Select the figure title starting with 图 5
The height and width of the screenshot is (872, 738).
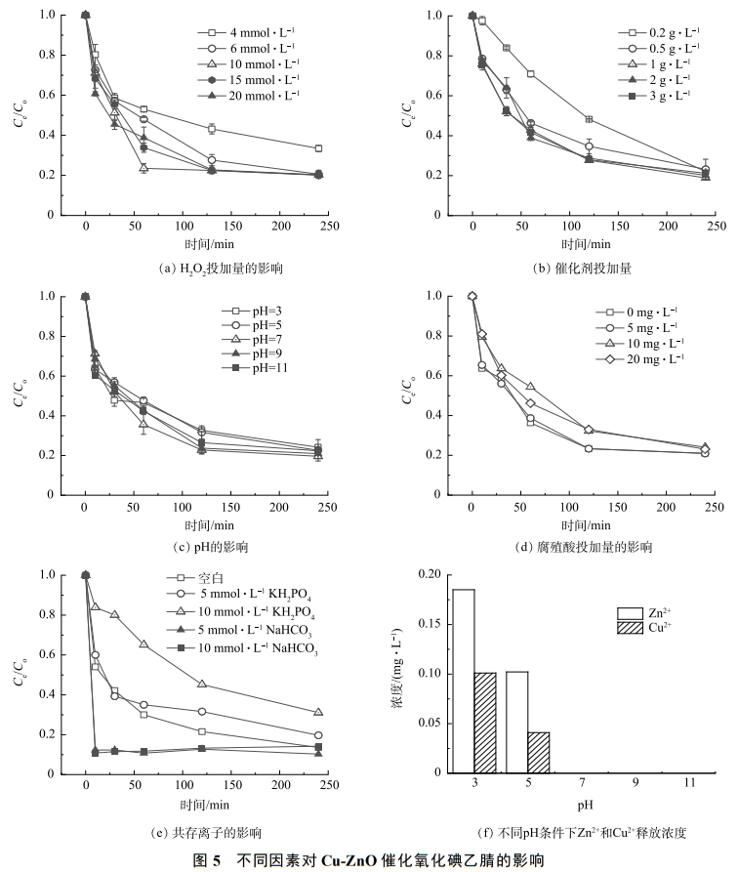369,859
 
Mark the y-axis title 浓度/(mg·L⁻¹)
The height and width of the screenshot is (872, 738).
397,673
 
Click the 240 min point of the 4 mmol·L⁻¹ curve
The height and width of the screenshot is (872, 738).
318,148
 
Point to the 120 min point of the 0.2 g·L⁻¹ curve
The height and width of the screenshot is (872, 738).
589,119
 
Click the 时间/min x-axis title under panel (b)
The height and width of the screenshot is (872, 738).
586,244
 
